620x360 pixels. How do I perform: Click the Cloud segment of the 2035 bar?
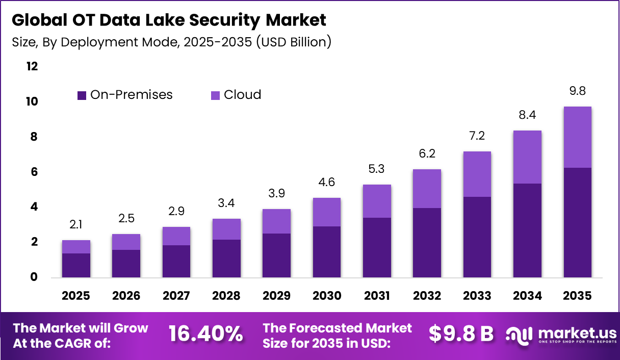pyautogui.click(x=577, y=137)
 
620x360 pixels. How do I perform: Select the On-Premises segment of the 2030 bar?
pyautogui.click(x=326, y=252)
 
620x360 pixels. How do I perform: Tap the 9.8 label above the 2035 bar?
pyautogui.click(x=577, y=91)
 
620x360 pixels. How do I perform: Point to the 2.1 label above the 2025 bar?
pyautogui.click(x=76, y=225)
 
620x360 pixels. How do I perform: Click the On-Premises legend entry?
pyautogui.click(x=125, y=95)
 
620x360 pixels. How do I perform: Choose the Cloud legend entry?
pyautogui.click(x=236, y=95)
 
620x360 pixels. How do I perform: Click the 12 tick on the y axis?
pyautogui.click(x=32, y=66)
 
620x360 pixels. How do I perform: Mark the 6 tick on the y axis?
pyautogui.click(x=34, y=172)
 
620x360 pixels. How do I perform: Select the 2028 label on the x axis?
pyautogui.click(x=226, y=296)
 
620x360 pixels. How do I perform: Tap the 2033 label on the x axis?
pyautogui.click(x=477, y=296)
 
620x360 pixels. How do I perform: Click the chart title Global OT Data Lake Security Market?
pyautogui.click(x=169, y=20)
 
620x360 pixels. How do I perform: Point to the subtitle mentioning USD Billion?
pyautogui.click(x=171, y=42)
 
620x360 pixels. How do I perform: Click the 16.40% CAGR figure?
pyautogui.click(x=205, y=334)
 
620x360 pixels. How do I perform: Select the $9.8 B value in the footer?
pyautogui.click(x=461, y=334)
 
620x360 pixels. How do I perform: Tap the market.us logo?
pyautogui.click(x=561, y=335)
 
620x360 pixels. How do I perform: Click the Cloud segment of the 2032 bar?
pyautogui.click(x=427, y=189)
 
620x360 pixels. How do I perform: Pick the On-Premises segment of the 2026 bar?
pyautogui.click(x=126, y=264)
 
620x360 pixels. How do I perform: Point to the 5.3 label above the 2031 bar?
pyautogui.click(x=377, y=169)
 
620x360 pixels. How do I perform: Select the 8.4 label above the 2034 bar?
pyautogui.click(x=527, y=115)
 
